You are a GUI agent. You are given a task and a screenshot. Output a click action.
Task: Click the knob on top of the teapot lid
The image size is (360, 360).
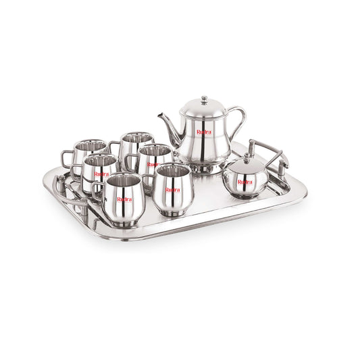coord(204,99)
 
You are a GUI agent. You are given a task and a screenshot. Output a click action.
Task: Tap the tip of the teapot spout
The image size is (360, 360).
coord(160,115)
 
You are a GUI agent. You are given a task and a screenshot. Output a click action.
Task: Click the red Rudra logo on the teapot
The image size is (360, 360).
coord(204,132)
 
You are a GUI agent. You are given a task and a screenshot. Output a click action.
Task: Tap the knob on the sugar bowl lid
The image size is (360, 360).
coord(247,157)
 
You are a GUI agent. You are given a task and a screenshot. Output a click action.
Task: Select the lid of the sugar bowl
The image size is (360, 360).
coord(247,165)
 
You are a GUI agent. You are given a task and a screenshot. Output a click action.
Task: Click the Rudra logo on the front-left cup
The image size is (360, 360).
coord(124,199)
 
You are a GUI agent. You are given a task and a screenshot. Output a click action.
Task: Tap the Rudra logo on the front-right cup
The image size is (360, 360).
coord(173,190)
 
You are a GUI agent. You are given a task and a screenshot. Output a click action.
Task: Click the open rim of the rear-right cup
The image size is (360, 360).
coord(137,138)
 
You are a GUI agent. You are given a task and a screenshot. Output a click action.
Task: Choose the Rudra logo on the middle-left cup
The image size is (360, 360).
coord(101,174)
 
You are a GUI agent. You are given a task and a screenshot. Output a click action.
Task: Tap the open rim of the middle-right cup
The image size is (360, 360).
coord(155,150)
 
